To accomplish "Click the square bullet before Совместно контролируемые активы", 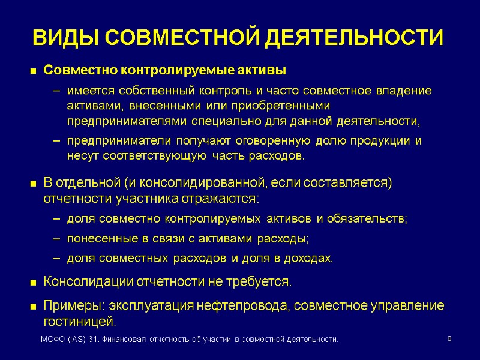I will click(x=33, y=71).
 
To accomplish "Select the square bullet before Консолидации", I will click(x=33, y=282).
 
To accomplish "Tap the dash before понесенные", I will click(x=56, y=239).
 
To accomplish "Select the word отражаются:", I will click(x=223, y=198).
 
